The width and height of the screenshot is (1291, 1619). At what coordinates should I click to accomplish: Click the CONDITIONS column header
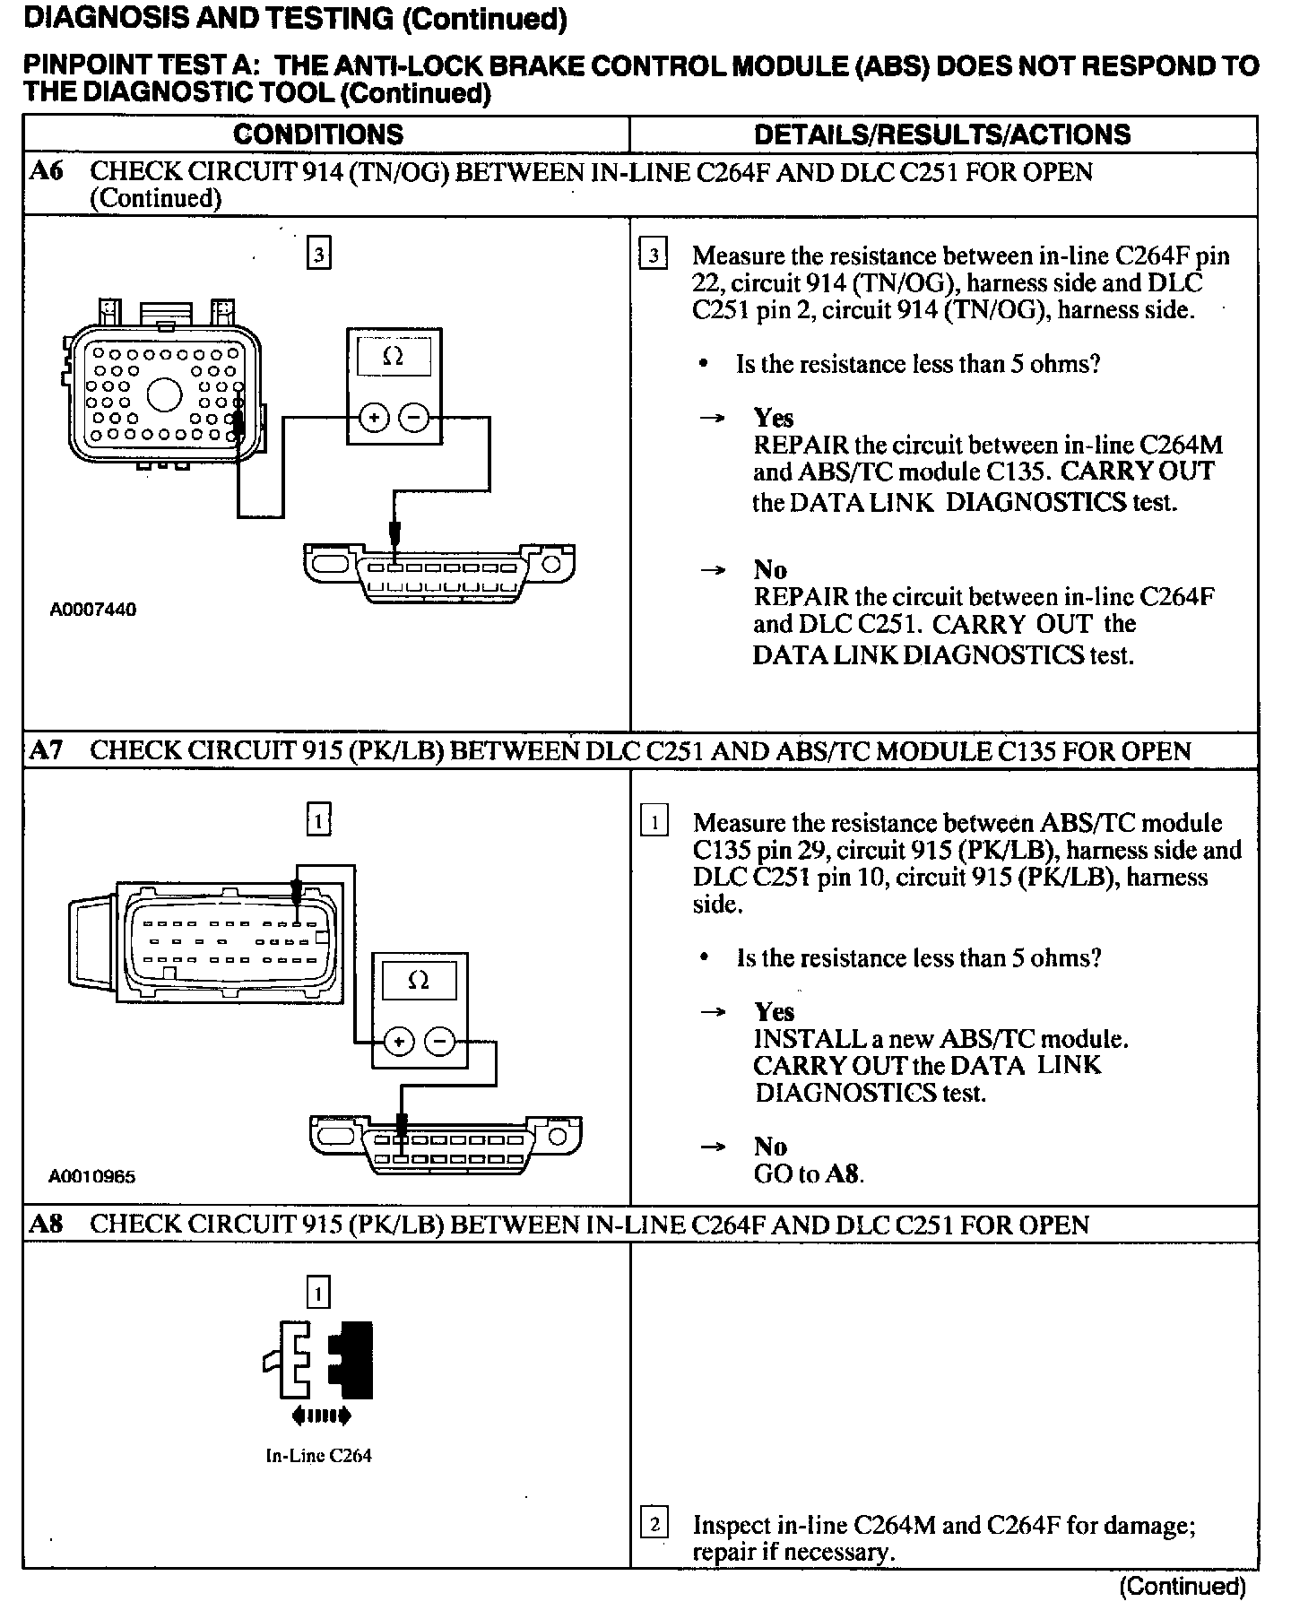coord(318,134)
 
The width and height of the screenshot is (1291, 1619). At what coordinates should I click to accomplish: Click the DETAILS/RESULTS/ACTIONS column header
coord(942,134)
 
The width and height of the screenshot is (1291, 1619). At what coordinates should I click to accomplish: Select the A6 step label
coord(47,171)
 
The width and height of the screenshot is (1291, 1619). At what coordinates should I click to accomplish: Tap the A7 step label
coord(47,750)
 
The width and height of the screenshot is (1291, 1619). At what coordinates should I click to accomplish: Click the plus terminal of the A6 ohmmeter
coord(374,418)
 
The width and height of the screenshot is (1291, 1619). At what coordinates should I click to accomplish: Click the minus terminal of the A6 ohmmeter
coord(413,418)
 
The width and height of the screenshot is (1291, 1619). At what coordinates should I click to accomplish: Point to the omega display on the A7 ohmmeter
coord(419,981)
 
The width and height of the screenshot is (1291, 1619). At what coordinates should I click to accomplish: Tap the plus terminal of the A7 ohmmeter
coord(398,1042)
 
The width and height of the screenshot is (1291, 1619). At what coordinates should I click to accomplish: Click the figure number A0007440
coord(93,610)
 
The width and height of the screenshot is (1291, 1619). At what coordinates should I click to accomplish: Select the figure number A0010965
coord(92,1176)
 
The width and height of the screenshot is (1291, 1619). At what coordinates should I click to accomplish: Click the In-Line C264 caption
coord(318,1456)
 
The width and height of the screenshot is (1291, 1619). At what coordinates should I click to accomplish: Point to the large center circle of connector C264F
coord(165,394)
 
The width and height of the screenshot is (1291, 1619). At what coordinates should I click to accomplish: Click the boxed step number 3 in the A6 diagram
coord(318,255)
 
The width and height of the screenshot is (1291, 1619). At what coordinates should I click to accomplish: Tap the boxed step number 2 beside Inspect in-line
coord(654,1524)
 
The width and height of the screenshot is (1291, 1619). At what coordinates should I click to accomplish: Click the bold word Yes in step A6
coord(774,418)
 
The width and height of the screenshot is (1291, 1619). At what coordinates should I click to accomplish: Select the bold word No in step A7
coord(770,1147)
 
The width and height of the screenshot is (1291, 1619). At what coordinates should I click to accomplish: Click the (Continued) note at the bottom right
coord(1183,1587)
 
